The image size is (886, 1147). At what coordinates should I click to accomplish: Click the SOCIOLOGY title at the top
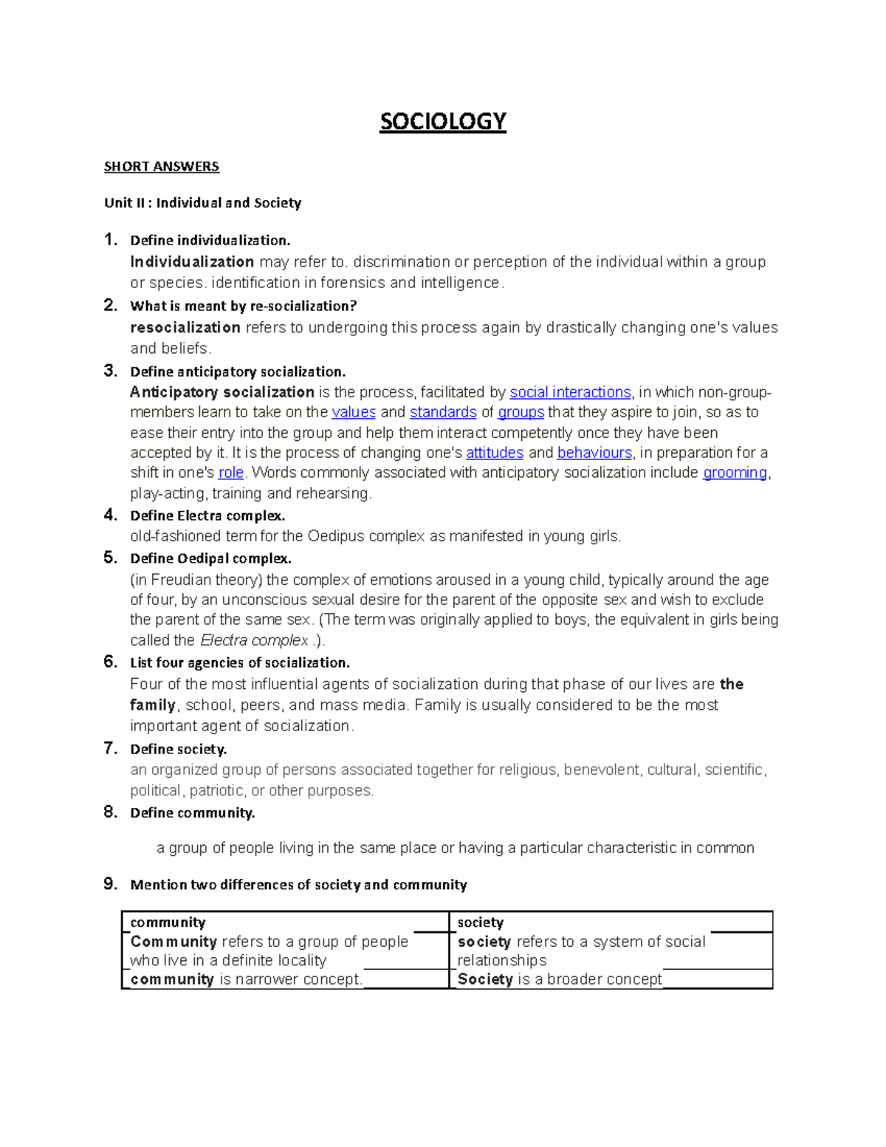tap(442, 121)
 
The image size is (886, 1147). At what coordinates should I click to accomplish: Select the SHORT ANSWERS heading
tap(162, 166)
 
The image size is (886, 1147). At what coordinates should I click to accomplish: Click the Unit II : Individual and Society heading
tap(202, 202)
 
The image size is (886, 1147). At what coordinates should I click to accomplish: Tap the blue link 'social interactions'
tap(570, 392)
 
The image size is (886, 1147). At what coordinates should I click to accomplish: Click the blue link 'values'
tap(354, 412)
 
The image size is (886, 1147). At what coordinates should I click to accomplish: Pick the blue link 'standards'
tap(443, 412)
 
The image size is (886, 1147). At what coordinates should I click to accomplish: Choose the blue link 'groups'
tap(521, 412)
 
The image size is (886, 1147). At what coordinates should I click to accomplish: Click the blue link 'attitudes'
tap(495, 453)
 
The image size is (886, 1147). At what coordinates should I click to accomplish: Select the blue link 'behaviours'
tap(594, 453)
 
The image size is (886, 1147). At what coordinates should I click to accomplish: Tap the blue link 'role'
tap(231, 473)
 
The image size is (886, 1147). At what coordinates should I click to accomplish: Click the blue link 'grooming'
tap(735, 473)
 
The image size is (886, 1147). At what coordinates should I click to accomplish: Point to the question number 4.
tap(110, 514)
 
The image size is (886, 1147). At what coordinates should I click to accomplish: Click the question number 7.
tap(110, 748)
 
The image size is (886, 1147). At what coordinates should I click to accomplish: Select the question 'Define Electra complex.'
tap(207, 516)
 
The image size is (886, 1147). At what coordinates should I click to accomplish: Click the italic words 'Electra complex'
tap(254, 640)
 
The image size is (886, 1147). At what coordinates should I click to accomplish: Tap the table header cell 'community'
tap(168, 922)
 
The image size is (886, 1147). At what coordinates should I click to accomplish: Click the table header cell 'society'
tap(480, 922)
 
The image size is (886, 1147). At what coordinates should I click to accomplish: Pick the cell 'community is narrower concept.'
tap(247, 979)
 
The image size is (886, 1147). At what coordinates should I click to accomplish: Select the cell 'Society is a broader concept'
tap(560, 979)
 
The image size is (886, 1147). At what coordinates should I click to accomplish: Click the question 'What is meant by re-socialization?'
tap(244, 306)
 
